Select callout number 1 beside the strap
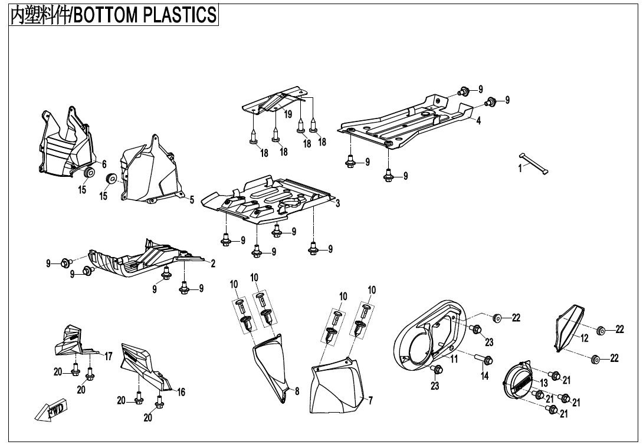(520, 168)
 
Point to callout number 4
(478, 121)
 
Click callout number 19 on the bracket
(288, 114)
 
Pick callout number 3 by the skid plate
(337, 203)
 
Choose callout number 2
(213, 263)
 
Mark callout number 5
(192, 200)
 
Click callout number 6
(104, 164)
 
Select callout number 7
(370, 401)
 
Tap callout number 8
(297, 390)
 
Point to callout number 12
(584, 338)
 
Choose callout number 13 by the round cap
(544, 383)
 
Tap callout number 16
(181, 392)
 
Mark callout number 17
(109, 356)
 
